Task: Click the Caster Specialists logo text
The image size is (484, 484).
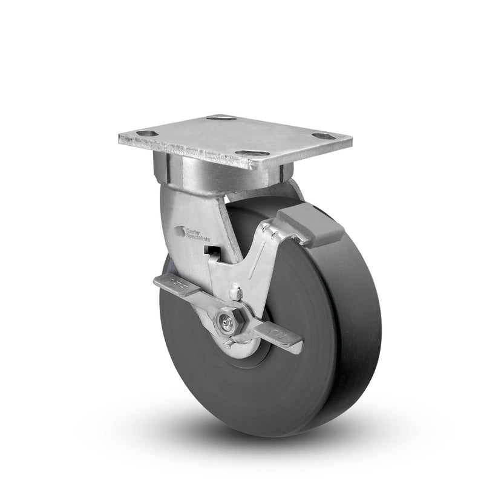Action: [195, 234]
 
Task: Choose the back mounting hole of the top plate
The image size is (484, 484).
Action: [220, 117]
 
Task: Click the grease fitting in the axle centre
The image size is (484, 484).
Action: [226, 322]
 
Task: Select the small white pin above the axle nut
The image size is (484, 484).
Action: [240, 295]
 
